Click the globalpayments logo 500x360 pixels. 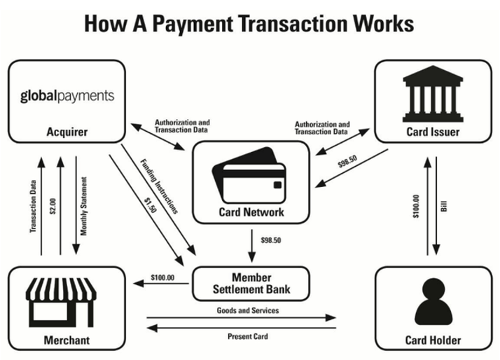point(67,95)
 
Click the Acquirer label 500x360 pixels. point(67,131)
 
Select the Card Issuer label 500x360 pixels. point(433,131)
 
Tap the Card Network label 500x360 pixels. point(251,212)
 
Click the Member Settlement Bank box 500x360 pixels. point(251,283)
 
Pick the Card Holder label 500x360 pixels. point(433,340)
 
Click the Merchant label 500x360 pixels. point(67,340)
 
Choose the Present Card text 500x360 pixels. point(247,336)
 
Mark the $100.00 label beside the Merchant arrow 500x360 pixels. point(162,278)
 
